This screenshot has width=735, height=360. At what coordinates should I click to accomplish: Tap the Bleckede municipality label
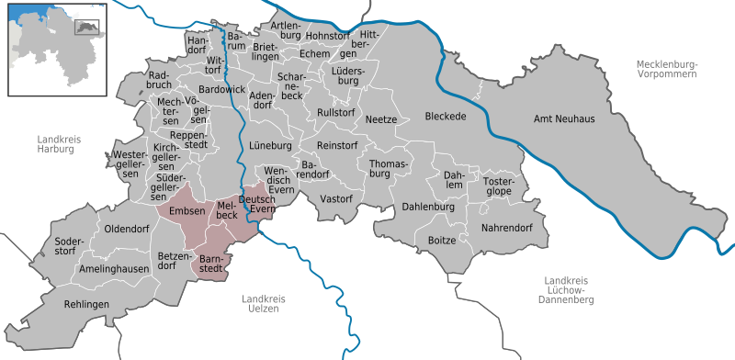(x=446, y=117)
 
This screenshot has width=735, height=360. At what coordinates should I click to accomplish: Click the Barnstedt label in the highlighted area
(x=213, y=264)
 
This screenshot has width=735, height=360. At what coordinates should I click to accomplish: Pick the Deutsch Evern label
(x=257, y=204)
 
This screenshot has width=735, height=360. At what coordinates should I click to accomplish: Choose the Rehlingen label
(x=87, y=304)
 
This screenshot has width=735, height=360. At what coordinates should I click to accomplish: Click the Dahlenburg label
(x=428, y=208)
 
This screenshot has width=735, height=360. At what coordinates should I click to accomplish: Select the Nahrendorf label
(x=507, y=226)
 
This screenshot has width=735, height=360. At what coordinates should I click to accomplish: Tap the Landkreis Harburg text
(x=60, y=144)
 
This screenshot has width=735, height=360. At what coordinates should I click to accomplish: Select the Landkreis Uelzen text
(x=264, y=304)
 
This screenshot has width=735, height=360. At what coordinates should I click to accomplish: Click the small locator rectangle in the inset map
(x=86, y=27)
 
